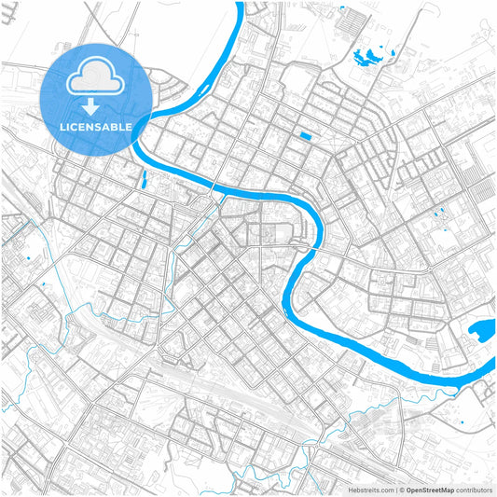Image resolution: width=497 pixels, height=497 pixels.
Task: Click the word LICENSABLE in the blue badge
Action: (x=94, y=126)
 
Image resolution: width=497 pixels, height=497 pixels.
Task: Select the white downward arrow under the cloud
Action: (x=94, y=104)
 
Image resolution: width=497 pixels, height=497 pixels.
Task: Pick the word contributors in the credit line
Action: (x=473, y=489)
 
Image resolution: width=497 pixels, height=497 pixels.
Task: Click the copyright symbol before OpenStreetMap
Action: (x=400, y=489)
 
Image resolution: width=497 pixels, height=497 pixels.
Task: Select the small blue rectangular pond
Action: (x=305, y=137)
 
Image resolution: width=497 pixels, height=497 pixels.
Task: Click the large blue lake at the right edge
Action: (x=481, y=329)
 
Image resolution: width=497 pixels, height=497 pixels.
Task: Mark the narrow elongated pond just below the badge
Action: (x=143, y=177)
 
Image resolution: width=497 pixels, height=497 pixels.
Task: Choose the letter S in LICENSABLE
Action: (x=99, y=126)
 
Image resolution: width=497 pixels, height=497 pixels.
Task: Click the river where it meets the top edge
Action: (x=238, y=5)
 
